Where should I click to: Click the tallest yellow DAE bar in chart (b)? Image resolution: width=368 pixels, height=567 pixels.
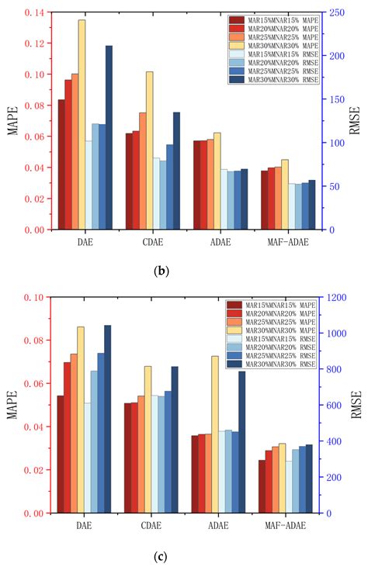tap(82, 125)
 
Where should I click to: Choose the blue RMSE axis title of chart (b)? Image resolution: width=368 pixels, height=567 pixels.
tap(356, 121)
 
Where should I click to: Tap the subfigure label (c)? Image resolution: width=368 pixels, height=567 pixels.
tap(161, 555)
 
